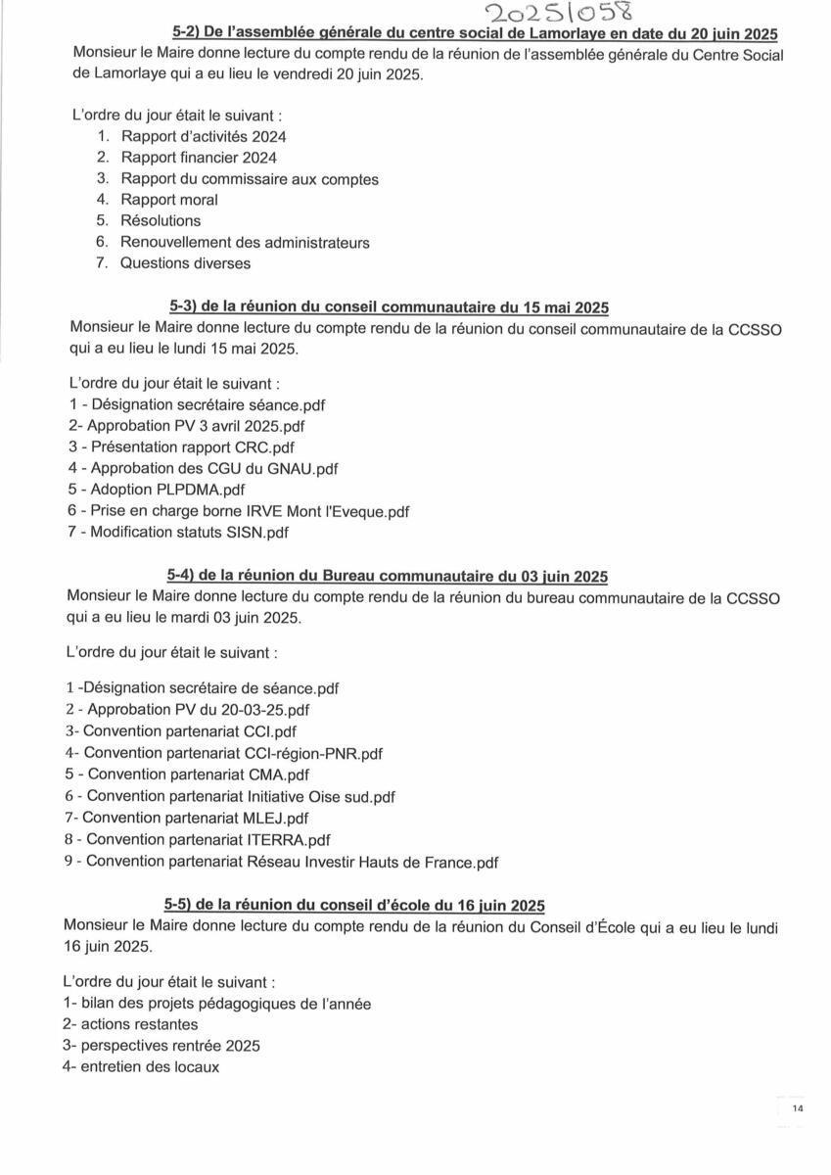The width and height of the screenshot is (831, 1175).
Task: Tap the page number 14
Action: coord(798,1108)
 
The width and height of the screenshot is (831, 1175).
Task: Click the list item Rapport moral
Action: coord(169,200)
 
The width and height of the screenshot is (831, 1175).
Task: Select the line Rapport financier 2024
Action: coord(199,158)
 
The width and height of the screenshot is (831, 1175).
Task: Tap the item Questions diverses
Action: coord(186,263)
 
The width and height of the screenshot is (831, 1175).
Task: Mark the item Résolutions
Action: coord(161,221)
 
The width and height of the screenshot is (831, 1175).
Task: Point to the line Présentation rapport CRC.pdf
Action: coord(181,447)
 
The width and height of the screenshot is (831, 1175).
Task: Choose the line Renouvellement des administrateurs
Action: coord(245,243)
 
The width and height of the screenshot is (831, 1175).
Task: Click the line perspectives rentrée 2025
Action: coord(161,1046)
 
